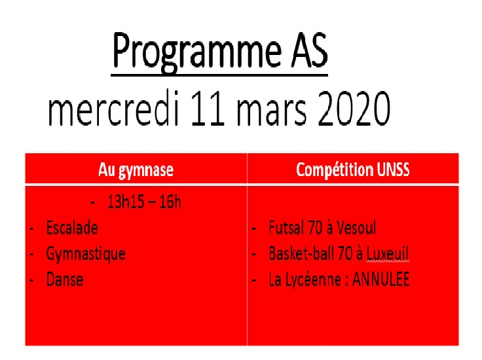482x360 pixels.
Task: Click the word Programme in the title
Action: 196,52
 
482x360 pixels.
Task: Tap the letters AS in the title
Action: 310,50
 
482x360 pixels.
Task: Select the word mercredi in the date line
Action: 113,108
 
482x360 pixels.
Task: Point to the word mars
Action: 271,112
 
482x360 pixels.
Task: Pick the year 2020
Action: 354,109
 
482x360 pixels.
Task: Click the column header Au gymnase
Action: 136,170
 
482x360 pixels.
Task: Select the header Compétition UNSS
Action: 353,170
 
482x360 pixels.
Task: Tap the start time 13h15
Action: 126,202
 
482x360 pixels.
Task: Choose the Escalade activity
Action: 72,228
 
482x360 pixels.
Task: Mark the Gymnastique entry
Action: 86,255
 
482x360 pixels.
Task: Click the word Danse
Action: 65,279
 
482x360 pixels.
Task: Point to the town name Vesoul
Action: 356,228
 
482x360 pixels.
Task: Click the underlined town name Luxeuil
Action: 388,254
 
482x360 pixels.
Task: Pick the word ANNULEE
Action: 381,279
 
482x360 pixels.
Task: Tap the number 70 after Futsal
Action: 315,228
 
